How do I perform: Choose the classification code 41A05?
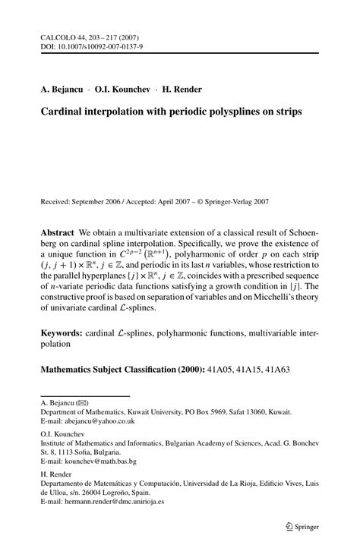pyautogui.click(x=220, y=370)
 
